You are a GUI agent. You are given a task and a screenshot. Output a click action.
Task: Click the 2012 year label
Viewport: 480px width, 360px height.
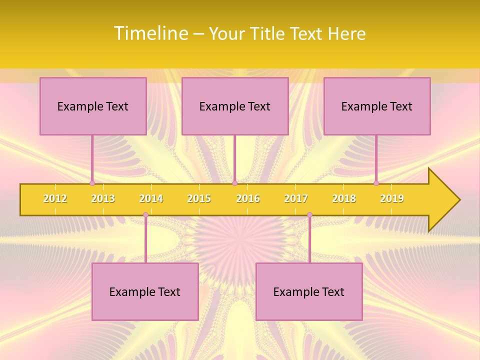55,198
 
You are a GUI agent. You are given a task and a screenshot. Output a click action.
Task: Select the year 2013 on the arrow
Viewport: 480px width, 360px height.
103,198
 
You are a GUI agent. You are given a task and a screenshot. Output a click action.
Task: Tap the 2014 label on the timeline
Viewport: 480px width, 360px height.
151,198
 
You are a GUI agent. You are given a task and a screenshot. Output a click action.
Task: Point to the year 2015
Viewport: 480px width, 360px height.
199,198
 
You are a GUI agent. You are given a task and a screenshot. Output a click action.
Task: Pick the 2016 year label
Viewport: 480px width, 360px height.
248,198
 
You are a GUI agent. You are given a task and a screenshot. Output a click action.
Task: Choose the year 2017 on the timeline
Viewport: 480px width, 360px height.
296,198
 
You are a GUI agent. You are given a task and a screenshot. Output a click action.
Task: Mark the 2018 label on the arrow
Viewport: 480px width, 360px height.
344,198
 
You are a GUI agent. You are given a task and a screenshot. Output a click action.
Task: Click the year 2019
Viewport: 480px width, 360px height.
392,198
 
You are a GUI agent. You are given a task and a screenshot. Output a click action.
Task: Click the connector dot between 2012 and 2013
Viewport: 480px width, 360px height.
92,183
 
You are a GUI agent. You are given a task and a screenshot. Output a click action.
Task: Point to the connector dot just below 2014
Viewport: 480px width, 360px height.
145,214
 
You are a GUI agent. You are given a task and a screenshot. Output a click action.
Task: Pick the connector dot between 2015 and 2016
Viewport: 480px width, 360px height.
234,183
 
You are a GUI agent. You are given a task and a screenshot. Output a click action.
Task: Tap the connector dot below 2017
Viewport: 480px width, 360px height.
309,214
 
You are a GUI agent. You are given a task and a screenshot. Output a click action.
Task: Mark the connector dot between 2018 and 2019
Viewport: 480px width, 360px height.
376,183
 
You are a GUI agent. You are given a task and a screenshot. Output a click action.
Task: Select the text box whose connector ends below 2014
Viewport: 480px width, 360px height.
145,291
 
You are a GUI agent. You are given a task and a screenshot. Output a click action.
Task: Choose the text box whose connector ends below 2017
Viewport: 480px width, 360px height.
309,291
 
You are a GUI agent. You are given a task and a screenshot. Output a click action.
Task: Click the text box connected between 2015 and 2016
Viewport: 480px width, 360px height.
235,106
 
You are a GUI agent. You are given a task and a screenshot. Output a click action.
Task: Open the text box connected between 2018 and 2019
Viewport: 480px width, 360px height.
377,106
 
